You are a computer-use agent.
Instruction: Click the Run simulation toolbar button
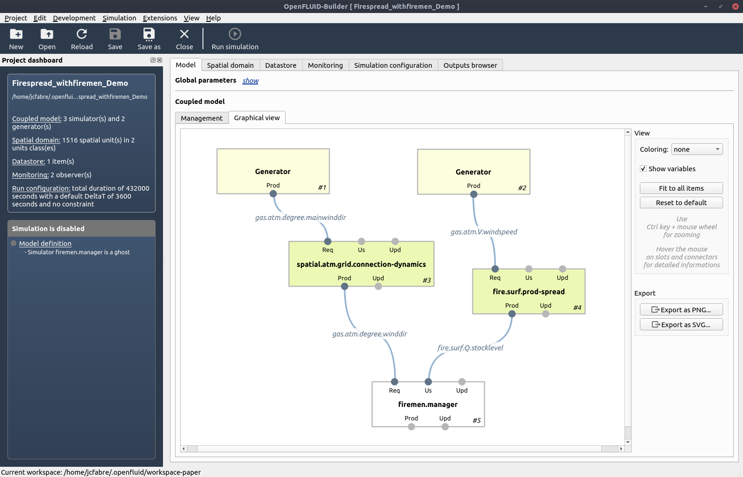click(x=235, y=39)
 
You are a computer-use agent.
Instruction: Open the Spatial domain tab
click(x=230, y=65)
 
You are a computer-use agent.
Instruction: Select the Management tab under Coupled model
click(x=202, y=118)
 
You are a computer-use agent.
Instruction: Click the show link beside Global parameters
click(x=250, y=81)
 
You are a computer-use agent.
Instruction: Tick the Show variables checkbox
click(x=643, y=169)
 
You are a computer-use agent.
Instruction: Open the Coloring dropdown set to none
click(x=697, y=149)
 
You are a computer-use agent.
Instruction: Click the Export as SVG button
click(x=681, y=324)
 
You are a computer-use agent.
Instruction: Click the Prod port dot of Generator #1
click(x=273, y=194)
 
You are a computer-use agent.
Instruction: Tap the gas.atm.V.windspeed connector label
click(x=483, y=232)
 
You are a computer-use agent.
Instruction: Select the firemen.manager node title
click(x=428, y=405)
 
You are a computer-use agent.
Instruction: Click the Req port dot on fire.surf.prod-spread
click(x=495, y=269)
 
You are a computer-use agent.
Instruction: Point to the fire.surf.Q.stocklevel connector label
click(x=470, y=348)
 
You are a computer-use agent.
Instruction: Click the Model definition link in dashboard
click(x=45, y=243)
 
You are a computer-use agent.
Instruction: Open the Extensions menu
click(x=160, y=18)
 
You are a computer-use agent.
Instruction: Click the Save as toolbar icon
click(x=149, y=34)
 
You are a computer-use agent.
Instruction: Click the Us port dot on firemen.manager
click(x=428, y=382)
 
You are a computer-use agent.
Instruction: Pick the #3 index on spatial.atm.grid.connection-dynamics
click(x=427, y=280)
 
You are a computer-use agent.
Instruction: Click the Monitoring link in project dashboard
click(x=30, y=174)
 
